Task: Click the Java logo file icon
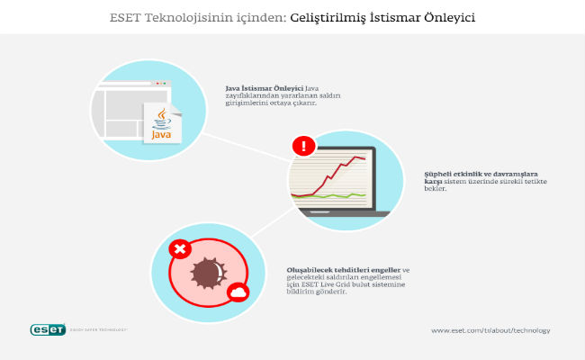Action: [163, 121]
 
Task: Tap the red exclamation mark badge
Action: [304, 145]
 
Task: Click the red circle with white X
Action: [179, 249]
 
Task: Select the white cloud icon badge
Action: [238, 292]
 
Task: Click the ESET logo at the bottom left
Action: [49, 329]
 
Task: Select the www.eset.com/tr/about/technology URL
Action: [490, 330]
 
